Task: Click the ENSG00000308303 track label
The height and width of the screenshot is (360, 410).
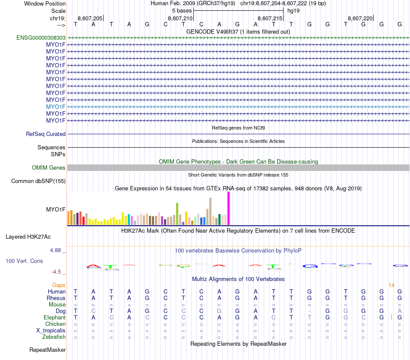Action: (x=41, y=38)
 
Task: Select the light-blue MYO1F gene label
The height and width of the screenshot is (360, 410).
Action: (x=56, y=107)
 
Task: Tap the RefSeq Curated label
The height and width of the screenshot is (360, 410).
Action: (x=46, y=134)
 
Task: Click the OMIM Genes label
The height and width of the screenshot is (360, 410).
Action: (x=49, y=167)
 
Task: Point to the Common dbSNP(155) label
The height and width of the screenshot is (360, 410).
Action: (x=38, y=181)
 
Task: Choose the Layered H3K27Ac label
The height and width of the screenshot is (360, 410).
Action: (x=28, y=237)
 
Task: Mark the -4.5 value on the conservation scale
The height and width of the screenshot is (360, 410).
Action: (x=56, y=272)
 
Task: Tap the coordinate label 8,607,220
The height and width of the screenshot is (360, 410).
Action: (x=360, y=18)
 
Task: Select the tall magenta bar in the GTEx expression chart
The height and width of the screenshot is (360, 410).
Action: (x=229, y=208)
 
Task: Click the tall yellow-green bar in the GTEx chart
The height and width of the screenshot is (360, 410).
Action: (x=177, y=214)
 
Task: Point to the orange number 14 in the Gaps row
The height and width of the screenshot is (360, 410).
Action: (x=391, y=285)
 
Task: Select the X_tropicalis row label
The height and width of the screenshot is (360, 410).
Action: (x=51, y=330)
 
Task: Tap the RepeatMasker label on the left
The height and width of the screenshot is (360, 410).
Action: (x=47, y=350)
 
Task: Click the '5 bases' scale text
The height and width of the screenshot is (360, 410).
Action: (x=182, y=10)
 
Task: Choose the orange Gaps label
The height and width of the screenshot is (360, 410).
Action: (x=59, y=285)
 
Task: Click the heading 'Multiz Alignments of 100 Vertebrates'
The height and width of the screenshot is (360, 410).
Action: (x=238, y=279)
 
